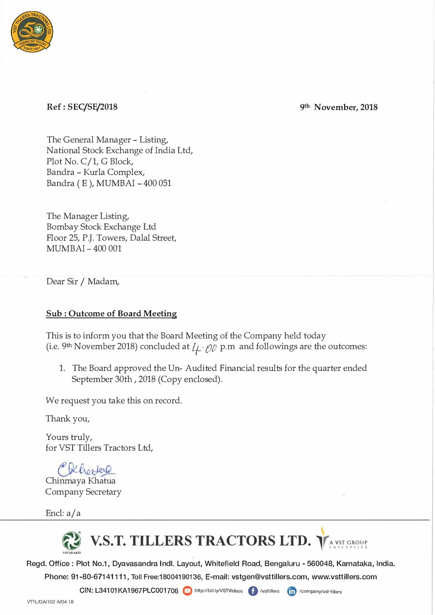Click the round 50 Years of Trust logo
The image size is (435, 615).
[x=32, y=32]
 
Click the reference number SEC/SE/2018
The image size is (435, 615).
[x=92, y=107]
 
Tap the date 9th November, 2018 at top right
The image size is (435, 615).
[x=338, y=107]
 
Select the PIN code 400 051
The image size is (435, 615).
[x=157, y=183]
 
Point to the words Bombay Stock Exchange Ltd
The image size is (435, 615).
[x=101, y=227]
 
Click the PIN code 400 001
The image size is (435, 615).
[x=107, y=249]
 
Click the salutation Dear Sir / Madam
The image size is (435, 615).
[x=83, y=281]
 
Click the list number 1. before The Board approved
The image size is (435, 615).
[x=62, y=368]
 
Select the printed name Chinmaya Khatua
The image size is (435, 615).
[x=81, y=481]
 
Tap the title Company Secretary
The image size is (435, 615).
[x=83, y=492]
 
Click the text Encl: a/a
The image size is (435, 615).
[x=63, y=513]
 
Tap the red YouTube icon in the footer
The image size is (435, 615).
[x=187, y=591]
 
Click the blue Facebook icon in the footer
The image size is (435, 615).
[x=253, y=591]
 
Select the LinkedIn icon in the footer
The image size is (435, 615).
[x=292, y=591]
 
